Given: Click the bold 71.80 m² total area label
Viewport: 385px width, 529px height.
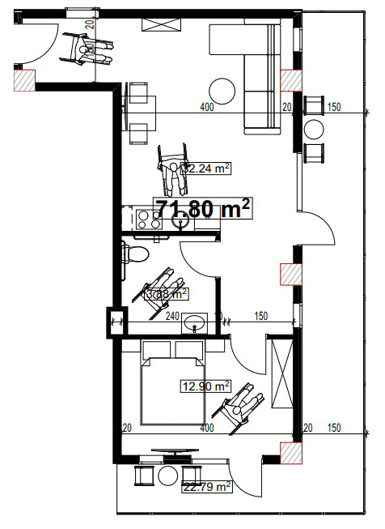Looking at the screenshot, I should click(202, 209).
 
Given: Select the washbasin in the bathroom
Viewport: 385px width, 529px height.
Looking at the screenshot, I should click(195, 324).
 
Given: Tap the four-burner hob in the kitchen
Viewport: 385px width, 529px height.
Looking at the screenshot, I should click(147, 218).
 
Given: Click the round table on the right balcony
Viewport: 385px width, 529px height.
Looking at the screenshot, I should click(314, 130).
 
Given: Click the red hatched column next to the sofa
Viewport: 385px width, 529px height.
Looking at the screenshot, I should click(290, 80).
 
